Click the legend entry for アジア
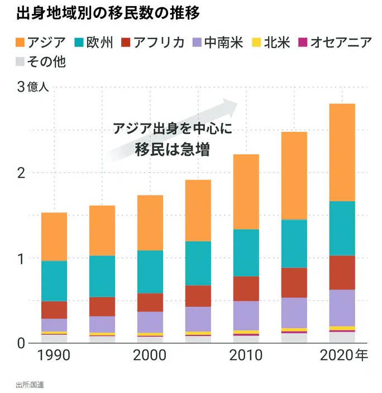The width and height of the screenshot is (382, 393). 41,42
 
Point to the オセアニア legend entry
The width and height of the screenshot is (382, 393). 335,42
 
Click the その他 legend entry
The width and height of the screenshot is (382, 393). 41,61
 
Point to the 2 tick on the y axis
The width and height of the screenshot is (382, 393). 21,173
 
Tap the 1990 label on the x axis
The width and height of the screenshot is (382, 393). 54,356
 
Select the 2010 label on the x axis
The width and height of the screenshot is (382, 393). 246,356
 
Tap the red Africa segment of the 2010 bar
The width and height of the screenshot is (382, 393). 246,288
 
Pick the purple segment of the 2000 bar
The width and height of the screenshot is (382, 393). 150,322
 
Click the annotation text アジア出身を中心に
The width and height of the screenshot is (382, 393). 171,129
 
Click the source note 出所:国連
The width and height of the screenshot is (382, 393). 30,385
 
